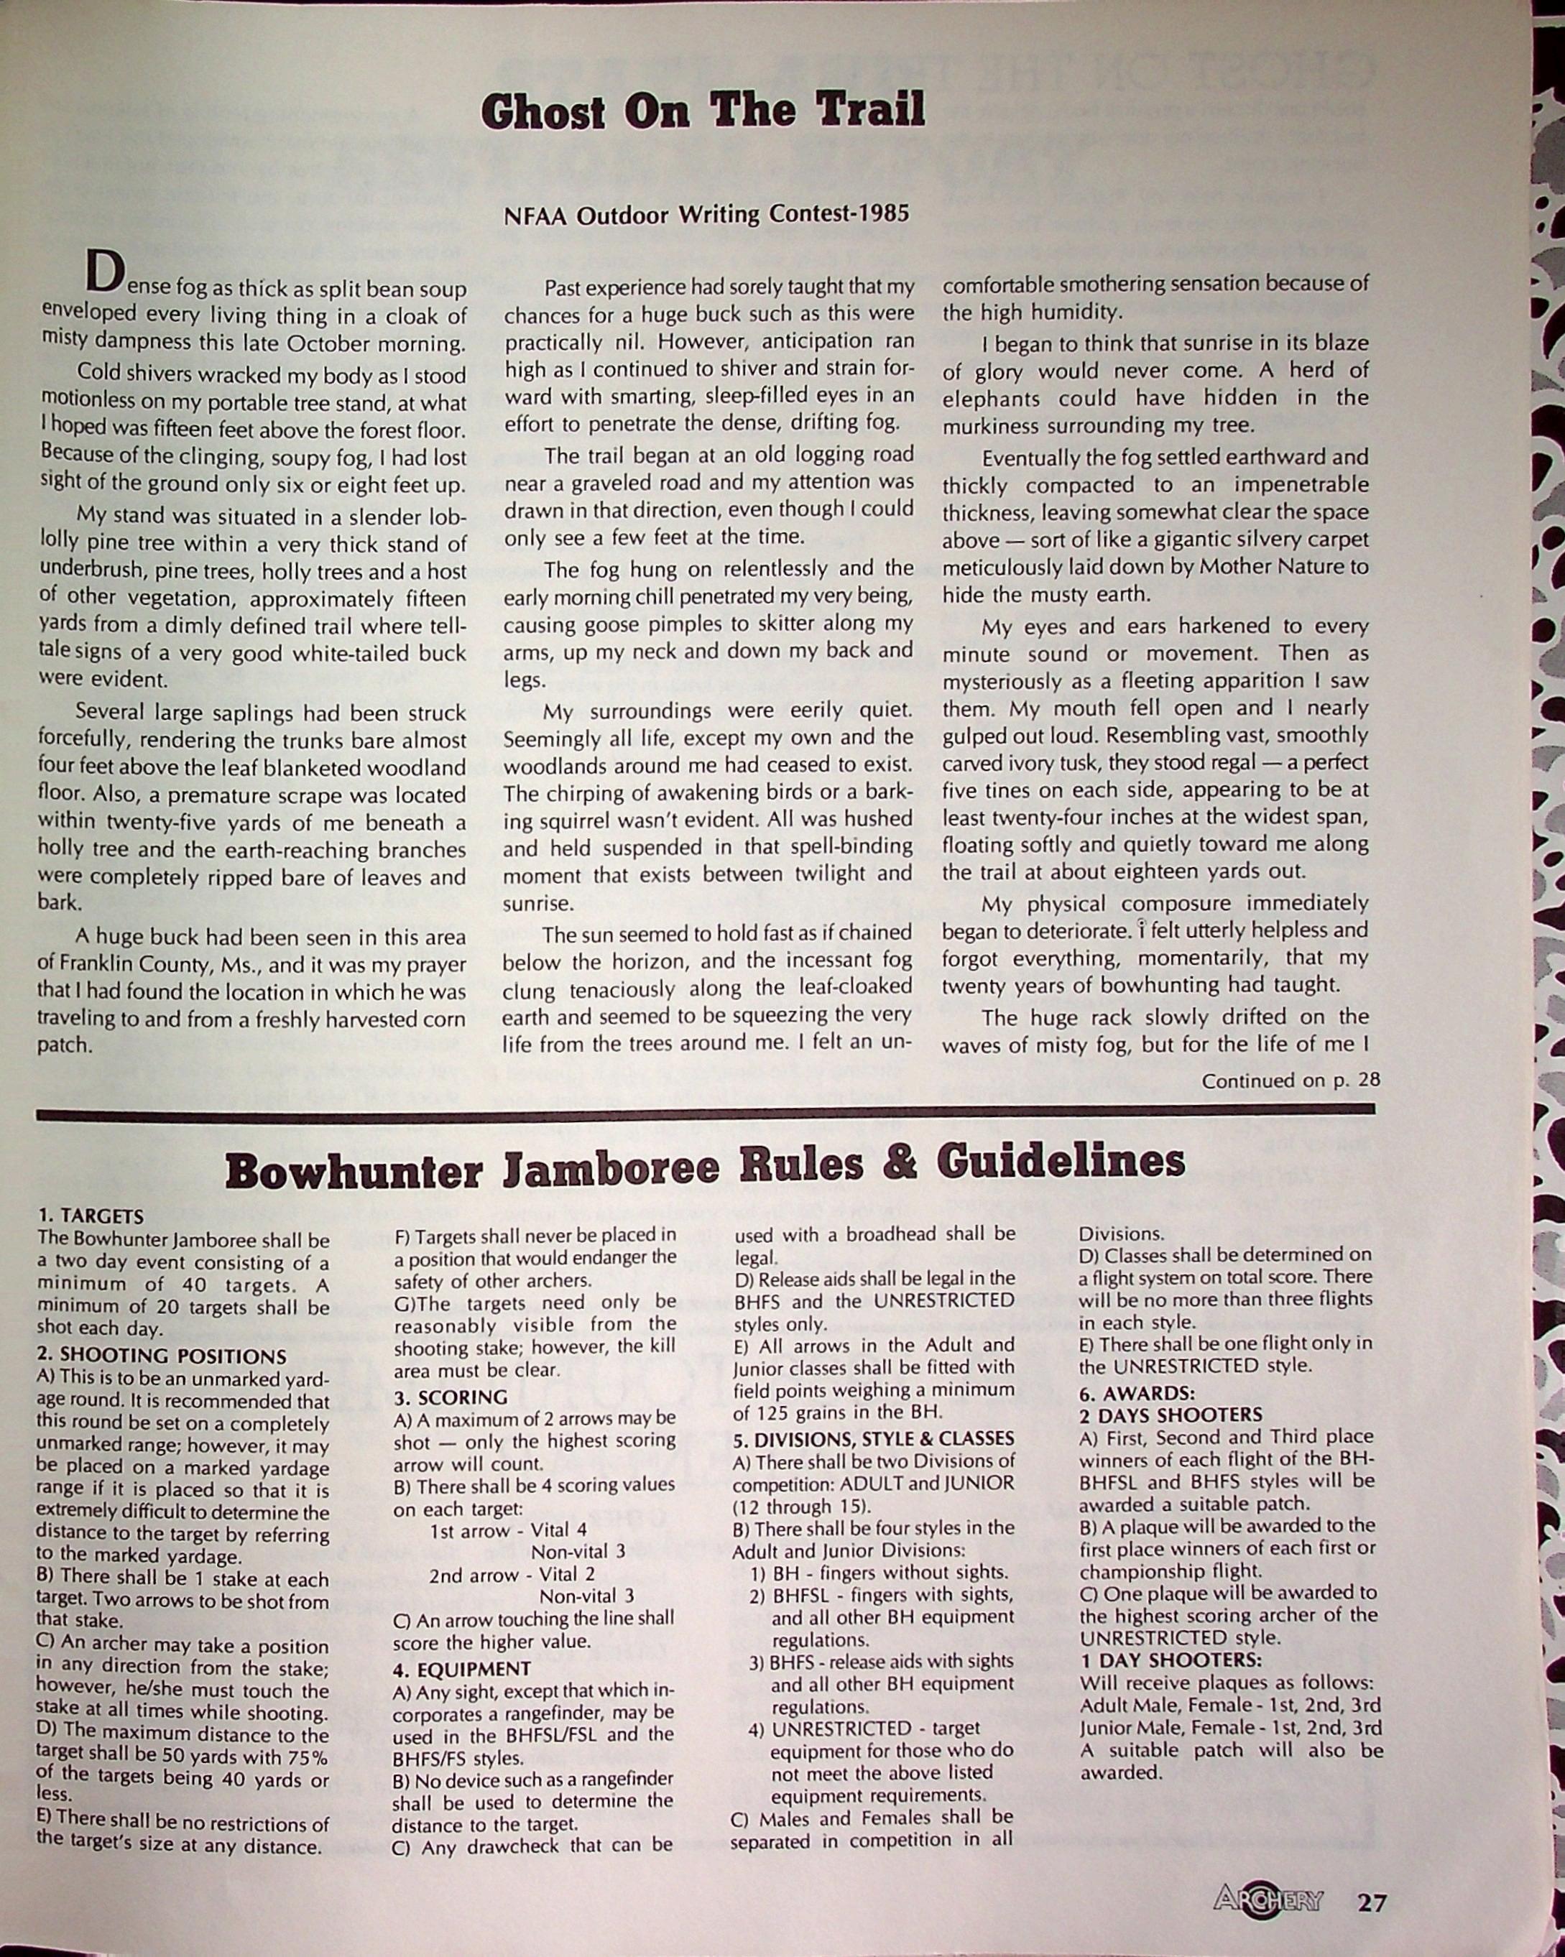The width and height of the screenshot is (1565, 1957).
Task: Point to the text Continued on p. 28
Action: tap(1291, 1081)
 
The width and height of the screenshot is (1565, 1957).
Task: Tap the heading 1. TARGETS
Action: tap(91, 1216)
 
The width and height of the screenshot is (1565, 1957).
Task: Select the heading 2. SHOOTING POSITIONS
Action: tap(162, 1356)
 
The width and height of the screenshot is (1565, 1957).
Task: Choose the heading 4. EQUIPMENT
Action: tap(462, 1668)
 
